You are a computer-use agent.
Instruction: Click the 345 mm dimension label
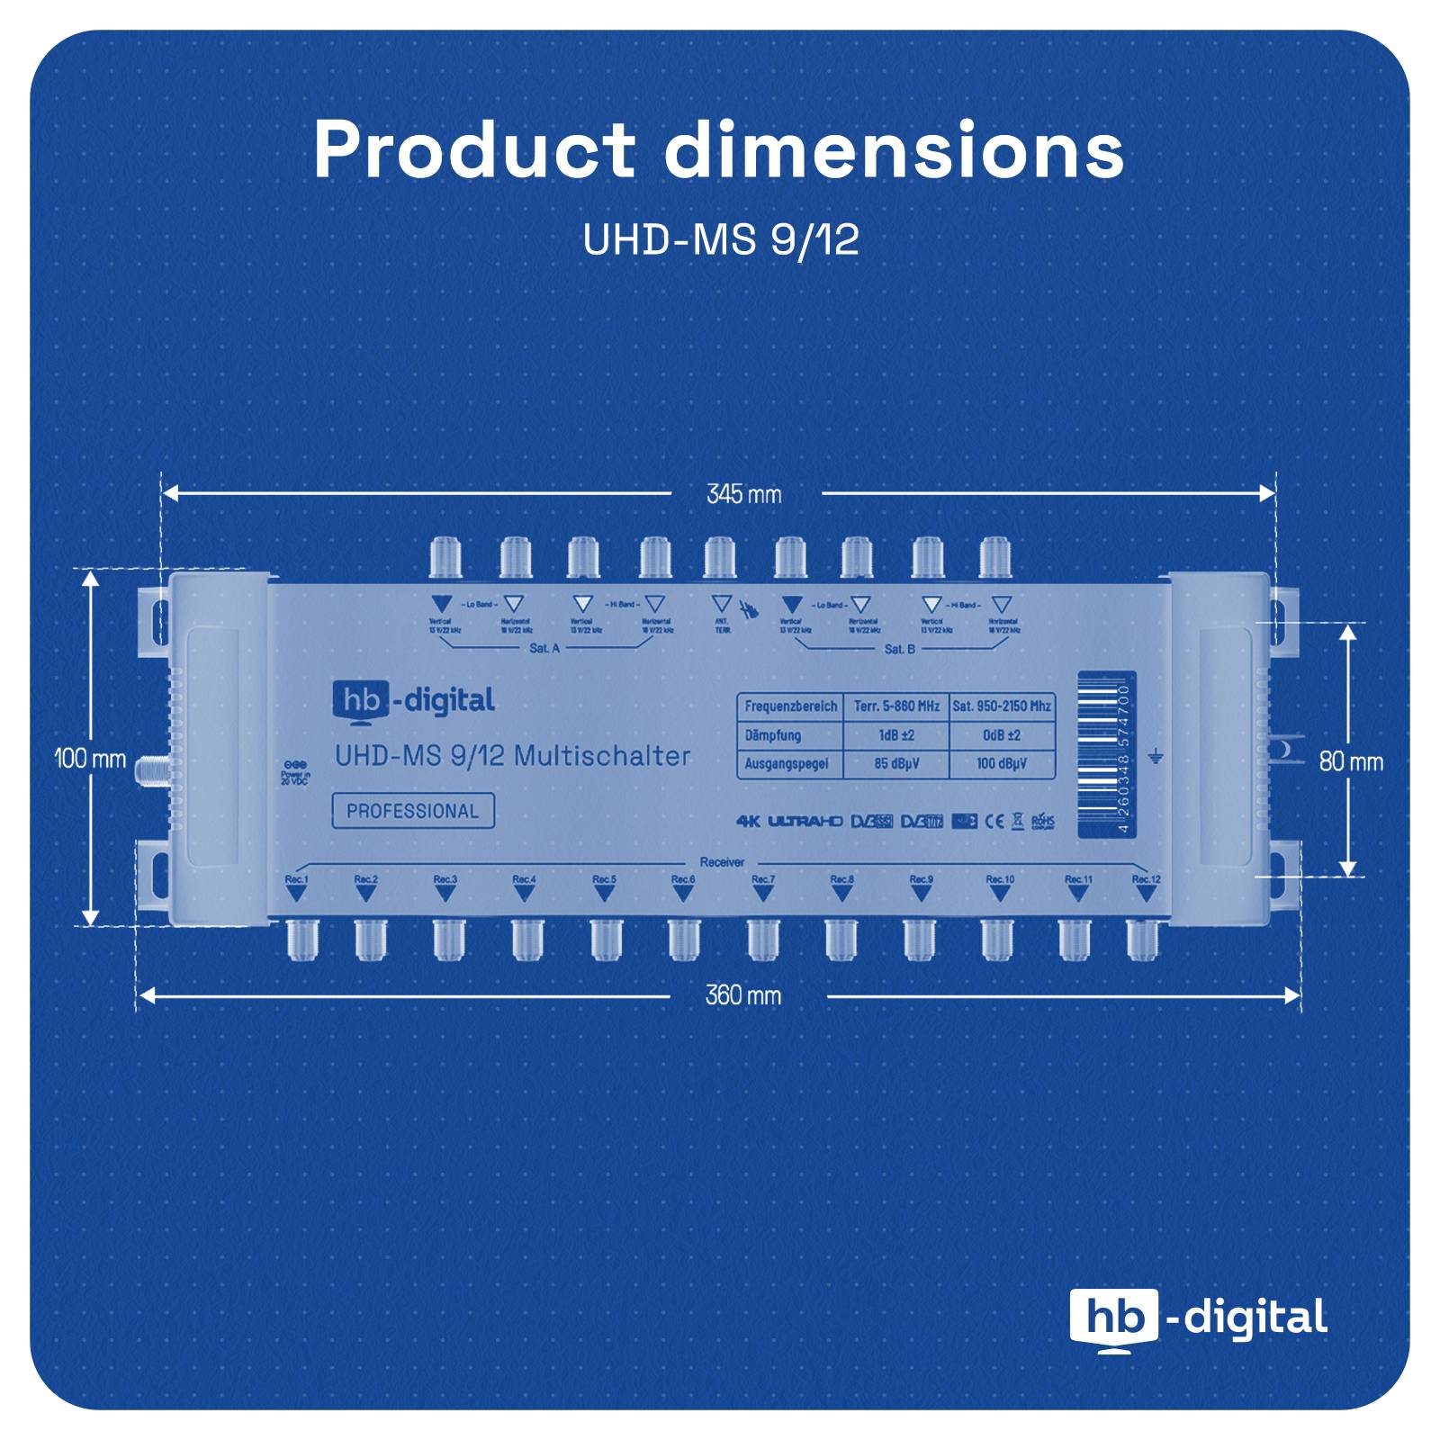(x=743, y=494)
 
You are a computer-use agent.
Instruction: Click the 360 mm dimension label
(x=742, y=995)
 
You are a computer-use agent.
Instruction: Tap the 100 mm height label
(x=90, y=759)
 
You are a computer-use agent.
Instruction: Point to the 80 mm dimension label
(x=1351, y=761)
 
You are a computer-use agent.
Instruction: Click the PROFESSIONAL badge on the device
(x=413, y=811)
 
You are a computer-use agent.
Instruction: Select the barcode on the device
(x=1106, y=757)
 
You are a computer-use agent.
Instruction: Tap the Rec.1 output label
(x=296, y=879)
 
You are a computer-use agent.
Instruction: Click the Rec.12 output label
(x=1146, y=879)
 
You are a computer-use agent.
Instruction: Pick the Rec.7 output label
(x=762, y=879)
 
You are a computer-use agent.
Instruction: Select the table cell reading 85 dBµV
(x=895, y=764)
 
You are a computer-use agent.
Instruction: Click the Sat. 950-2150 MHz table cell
(x=1002, y=706)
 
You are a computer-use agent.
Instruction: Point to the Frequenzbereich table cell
(x=790, y=706)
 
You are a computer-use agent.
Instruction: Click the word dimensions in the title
(x=894, y=149)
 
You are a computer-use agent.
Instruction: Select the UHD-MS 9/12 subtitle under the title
(x=720, y=240)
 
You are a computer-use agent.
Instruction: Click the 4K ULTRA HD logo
(x=789, y=821)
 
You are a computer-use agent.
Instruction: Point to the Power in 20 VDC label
(x=295, y=773)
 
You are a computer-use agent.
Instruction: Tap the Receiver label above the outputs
(x=722, y=862)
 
